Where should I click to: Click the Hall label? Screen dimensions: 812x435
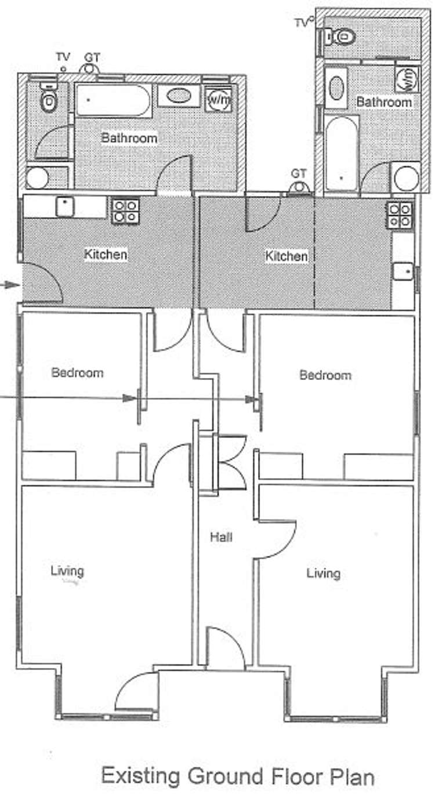point(221,537)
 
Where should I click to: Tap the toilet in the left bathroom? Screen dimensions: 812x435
point(48,100)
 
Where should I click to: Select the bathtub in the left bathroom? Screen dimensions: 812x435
point(113,100)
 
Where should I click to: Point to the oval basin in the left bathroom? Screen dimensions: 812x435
point(179,96)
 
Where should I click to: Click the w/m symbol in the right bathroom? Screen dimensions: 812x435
point(407,79)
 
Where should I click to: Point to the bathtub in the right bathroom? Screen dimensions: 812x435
point(342,154)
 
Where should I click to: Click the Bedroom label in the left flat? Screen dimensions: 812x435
point(77,372)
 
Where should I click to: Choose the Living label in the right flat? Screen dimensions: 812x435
point(323,574)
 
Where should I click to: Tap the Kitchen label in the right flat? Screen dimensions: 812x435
point(287,256)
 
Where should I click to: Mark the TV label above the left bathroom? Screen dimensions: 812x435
point(63,57)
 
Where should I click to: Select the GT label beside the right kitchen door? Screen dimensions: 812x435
point(299,173)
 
